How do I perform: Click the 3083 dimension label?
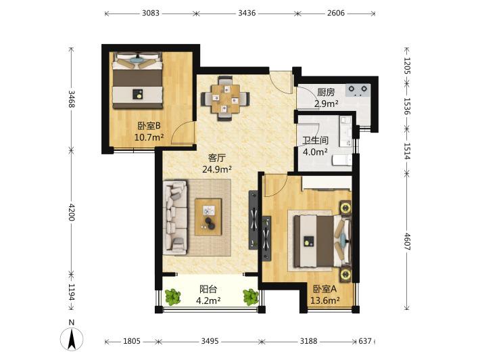point(151,13)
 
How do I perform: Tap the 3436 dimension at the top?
point(247,13)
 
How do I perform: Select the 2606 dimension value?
point(336,13)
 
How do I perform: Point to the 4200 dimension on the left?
point(72,212)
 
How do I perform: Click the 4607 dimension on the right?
point(407,242)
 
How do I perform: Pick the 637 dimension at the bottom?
point(365,341)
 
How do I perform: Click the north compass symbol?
point(72,336)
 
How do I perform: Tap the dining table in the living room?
point(225,98)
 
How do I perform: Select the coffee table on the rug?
point(208,217)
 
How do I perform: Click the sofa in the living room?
point(175,217)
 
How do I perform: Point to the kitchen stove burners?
point(358,90)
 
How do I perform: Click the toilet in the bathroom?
point(342,160)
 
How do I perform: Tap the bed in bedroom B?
point(137,81)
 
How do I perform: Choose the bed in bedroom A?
point(320,241)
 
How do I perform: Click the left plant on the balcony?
point(172,296)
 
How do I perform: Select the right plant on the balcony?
point(251,296)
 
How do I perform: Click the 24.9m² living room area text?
point(217,169)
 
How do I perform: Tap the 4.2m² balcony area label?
point(208,300)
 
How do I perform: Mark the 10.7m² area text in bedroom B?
point(149,137)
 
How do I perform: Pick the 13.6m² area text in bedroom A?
point(325,300)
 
